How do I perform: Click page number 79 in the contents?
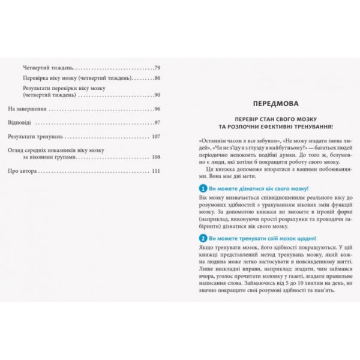pos(158,67)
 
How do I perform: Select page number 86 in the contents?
pos(158,79)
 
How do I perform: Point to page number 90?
pos(158,95)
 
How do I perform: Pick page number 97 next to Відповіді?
pos(158,122)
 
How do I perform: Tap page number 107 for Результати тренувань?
pos(157,136)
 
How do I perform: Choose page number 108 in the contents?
pos(157,157)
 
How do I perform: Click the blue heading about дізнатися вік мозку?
pos(248,189)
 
